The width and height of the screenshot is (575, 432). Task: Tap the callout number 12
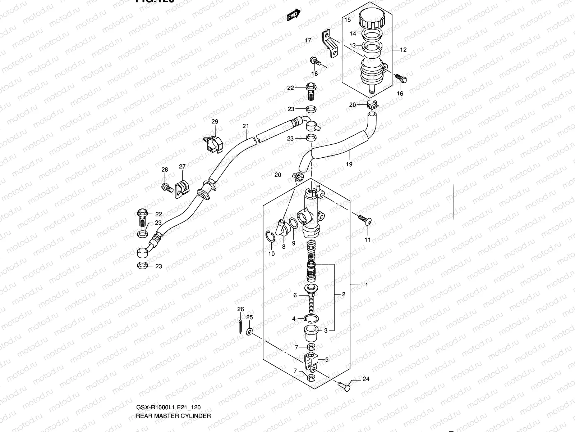(x=403, y=50)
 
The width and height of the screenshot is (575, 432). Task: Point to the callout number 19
(x=349, y=164)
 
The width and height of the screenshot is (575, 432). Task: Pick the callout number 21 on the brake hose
(x=245, y=126)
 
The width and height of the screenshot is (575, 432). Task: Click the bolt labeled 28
(x=166, y=187)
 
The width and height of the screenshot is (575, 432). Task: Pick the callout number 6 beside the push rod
(x=295, y=295)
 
